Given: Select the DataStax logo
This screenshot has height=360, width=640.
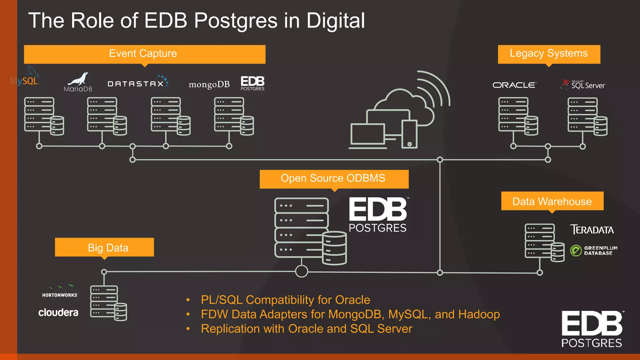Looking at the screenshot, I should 137,83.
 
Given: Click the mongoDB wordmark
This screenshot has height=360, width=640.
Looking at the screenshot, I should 209,84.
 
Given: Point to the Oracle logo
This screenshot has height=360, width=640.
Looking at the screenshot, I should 514,85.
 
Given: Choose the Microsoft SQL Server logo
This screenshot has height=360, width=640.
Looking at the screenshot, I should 583,85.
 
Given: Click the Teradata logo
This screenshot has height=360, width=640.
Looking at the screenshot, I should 592,230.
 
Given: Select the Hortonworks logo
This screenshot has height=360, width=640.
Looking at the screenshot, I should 60,292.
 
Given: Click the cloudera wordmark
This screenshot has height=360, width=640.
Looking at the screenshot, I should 58,312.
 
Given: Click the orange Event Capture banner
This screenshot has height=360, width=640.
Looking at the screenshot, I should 144,54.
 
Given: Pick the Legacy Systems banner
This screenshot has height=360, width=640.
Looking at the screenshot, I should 549,54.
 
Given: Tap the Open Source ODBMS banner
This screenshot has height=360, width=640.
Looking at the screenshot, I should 334,179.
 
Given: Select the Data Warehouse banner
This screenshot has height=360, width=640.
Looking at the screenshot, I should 552,201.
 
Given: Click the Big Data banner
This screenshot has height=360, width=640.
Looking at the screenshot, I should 104,247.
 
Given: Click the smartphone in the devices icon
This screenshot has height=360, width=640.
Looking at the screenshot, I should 409,134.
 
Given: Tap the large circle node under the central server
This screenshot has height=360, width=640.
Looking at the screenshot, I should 302,271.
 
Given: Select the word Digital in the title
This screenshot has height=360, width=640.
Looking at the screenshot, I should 335,21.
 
